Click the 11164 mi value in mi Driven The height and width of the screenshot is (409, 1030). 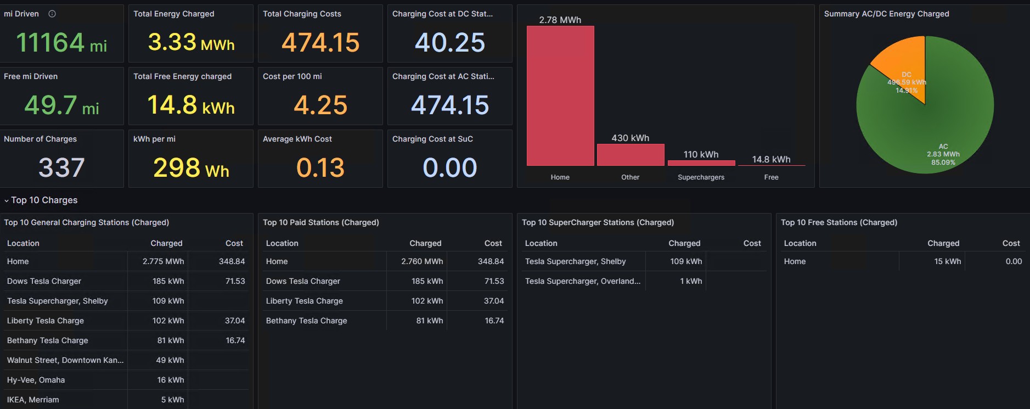point(61,43)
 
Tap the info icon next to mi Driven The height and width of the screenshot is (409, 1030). point(52,14)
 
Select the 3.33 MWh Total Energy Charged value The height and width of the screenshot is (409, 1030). point(191,43)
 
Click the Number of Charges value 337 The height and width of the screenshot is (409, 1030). point(61,167)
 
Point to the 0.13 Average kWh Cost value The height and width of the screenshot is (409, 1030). point(320,167)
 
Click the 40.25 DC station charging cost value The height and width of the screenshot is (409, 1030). point(450,43)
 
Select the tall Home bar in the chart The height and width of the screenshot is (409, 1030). point(560,96)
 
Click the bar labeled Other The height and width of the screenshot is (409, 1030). point(631,155)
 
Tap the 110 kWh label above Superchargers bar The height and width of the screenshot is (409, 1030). point(701,154)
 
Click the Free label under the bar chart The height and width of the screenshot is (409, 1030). point(771,177)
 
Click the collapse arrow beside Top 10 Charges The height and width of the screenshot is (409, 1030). point(7,200)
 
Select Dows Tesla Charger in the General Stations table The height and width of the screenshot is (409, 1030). point(44,281)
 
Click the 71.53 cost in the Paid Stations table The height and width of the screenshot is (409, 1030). point(494,281)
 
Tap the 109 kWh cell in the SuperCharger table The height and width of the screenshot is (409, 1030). point(686,261)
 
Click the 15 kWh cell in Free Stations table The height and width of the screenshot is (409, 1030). point(948,261)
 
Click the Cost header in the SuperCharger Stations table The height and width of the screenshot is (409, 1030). point(752,243)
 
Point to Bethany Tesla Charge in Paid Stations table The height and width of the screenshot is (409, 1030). point(306,321)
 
